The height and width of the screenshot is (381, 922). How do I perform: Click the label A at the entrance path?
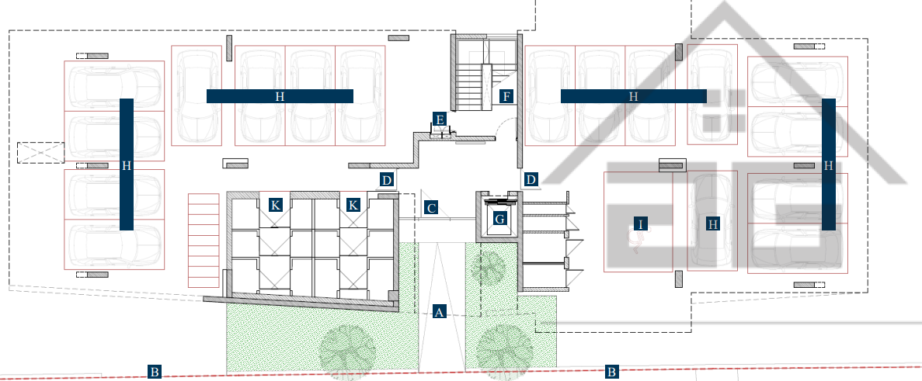tap(439, 312)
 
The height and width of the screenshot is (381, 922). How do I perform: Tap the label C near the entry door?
tap(431, 207)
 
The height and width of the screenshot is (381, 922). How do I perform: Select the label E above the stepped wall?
tap(439, 119)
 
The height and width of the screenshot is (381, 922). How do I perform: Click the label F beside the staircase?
tap(507, 96)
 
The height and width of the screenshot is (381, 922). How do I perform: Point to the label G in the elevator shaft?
tap(499, 219)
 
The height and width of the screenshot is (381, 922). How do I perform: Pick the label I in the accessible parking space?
tap(641, 223)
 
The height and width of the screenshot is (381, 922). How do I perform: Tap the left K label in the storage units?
tap(275, 205)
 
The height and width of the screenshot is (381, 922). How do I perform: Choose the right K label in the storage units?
tap(353, 205)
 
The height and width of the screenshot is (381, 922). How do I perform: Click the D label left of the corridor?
tap(386, 180)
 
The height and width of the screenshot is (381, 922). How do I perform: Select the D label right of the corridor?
tap(531, 179)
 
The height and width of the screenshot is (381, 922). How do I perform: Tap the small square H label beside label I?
tap(713, 223)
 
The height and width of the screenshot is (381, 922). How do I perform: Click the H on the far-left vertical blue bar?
tap(127, 166)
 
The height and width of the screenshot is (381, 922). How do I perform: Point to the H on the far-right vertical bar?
tap(829, 166)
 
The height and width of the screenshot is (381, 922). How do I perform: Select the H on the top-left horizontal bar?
tap(280, 96)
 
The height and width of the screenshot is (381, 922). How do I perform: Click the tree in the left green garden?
tap(347, 351)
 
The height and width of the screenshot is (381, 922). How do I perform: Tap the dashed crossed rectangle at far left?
tap(40, 153)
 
